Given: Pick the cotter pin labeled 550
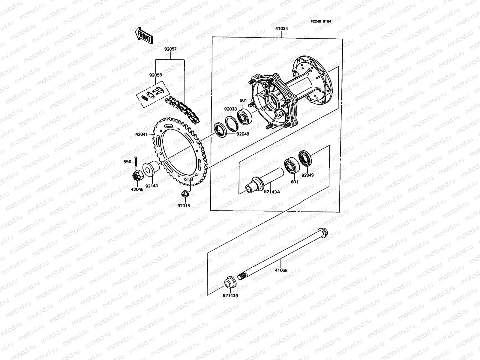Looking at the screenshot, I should click(136, 161).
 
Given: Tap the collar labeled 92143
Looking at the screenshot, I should click(150, 168).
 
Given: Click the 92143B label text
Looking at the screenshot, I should click(230, 295).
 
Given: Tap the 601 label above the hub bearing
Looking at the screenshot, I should click(243, 101).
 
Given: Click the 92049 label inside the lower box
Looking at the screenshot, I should click(307, 175).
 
